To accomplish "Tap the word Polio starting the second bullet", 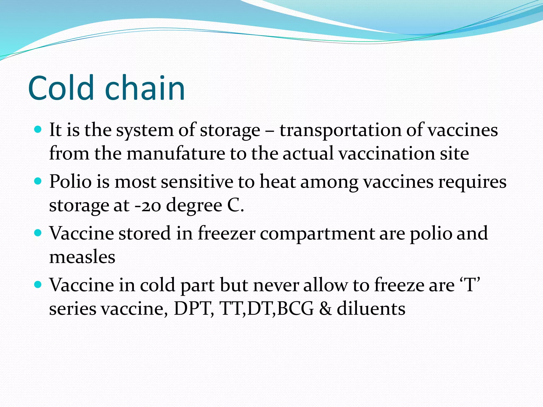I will [x=70, y=182].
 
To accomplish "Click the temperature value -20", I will [x=148, y=206].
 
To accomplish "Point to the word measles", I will [x=82, y=257].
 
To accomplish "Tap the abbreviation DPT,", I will [x=194, y=309].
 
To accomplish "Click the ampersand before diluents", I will [x=325, y=309].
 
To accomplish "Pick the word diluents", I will [x=371, y=309].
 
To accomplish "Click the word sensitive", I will [x=197, y=182].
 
